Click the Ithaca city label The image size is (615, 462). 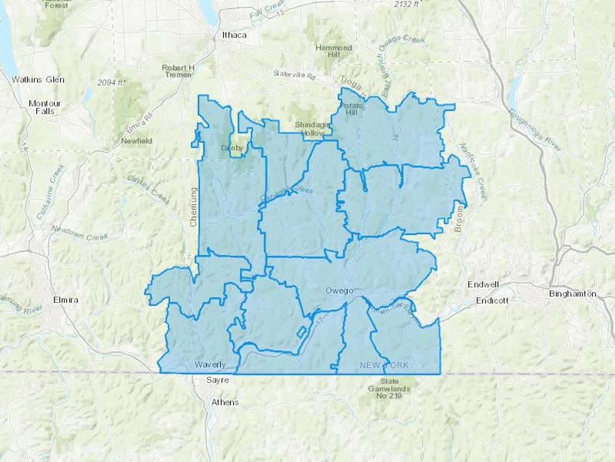[x=234, y=35]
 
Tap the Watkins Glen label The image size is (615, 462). [x=38, y=80]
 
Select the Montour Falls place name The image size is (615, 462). [x=45, y=107]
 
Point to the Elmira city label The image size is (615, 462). [x=66, y=300]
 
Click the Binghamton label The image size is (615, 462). [x=573, y=294]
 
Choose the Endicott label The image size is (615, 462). [x=492, y=300]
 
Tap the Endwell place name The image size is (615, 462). [x=483, y=284]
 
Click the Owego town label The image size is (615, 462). [x=339, y=291]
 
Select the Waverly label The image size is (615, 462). [x=210, y=364]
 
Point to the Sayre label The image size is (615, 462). [x=218, y=380]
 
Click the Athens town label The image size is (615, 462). [x=225, y=402]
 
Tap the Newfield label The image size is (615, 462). [x=137, y=141]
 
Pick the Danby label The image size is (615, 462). [x=232, y=148]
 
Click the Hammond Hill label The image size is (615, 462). [x=333, y=51]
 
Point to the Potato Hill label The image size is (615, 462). [x=351, y=109]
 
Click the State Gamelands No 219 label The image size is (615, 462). [x=389, y=388]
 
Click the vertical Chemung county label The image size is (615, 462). [x=193, y=207]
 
